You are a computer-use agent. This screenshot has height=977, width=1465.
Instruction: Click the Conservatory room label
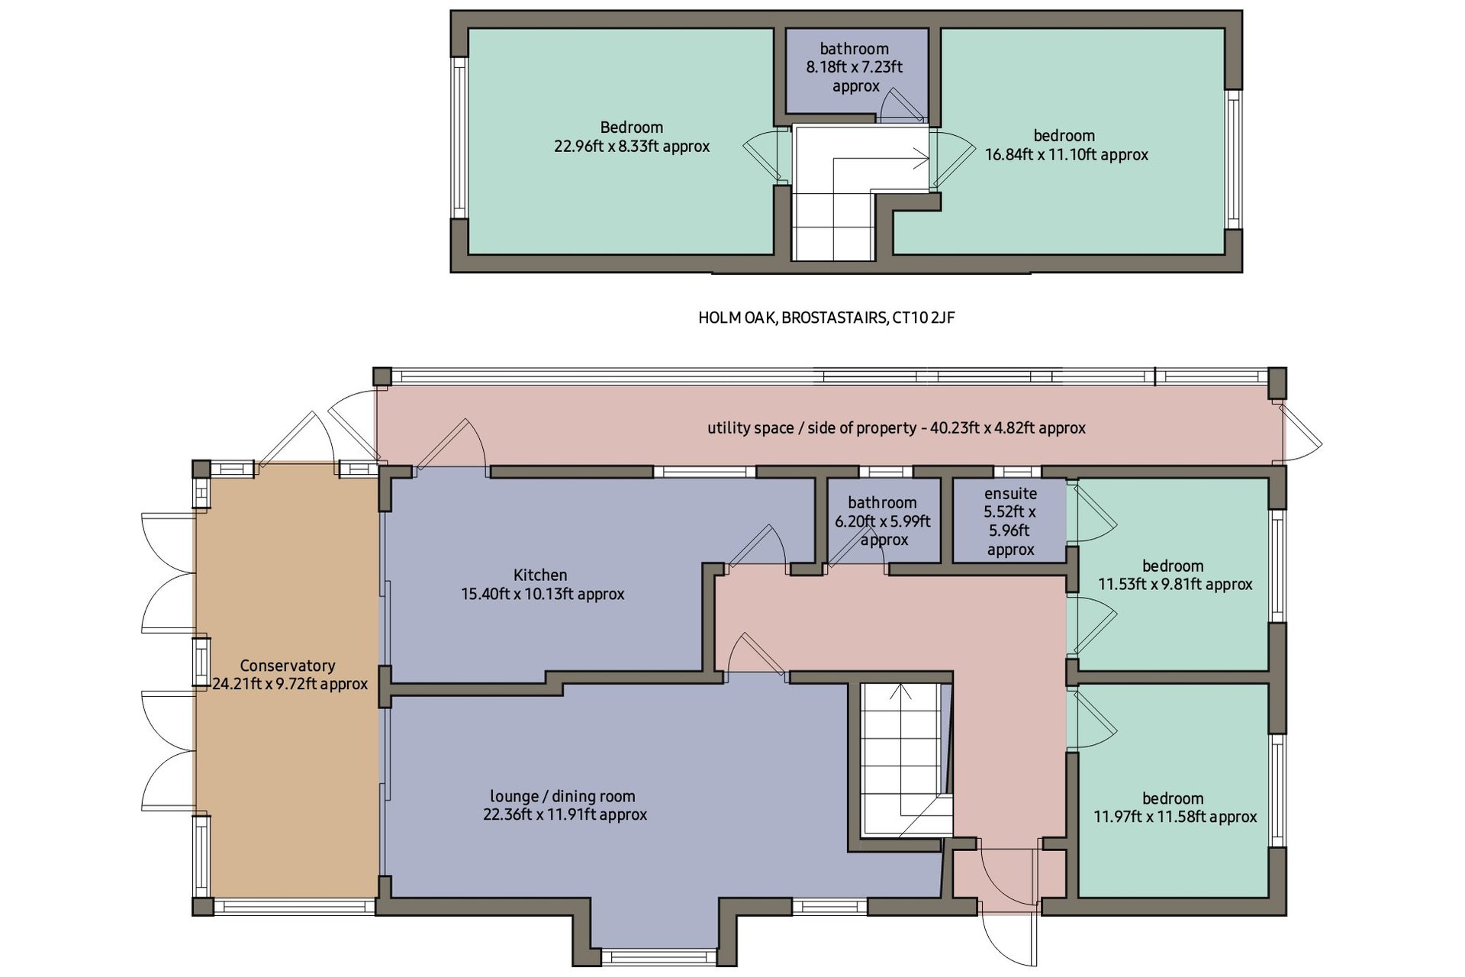tap(288, 666)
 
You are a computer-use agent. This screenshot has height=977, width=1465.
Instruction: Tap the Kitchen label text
tap(540, 575)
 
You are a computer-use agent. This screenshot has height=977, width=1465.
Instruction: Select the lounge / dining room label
tap(562, 796)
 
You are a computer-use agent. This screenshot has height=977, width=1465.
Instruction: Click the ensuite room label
tap(1010, 494)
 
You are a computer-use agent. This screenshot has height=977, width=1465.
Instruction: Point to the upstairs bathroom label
tap(855, 49)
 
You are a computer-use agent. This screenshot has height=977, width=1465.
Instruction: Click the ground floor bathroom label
tap(882, 502)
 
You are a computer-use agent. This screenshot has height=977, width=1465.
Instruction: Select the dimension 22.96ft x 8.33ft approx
tap(632, 147)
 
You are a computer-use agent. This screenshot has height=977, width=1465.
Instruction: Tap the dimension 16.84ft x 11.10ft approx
tap(1067, 155)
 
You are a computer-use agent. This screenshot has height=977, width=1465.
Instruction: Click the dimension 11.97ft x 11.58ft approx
tap(1175, 817)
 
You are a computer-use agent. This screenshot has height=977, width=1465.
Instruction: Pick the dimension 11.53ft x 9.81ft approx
tap(1175, 585)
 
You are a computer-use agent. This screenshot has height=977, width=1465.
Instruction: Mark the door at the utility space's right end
tap(1300, 431)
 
